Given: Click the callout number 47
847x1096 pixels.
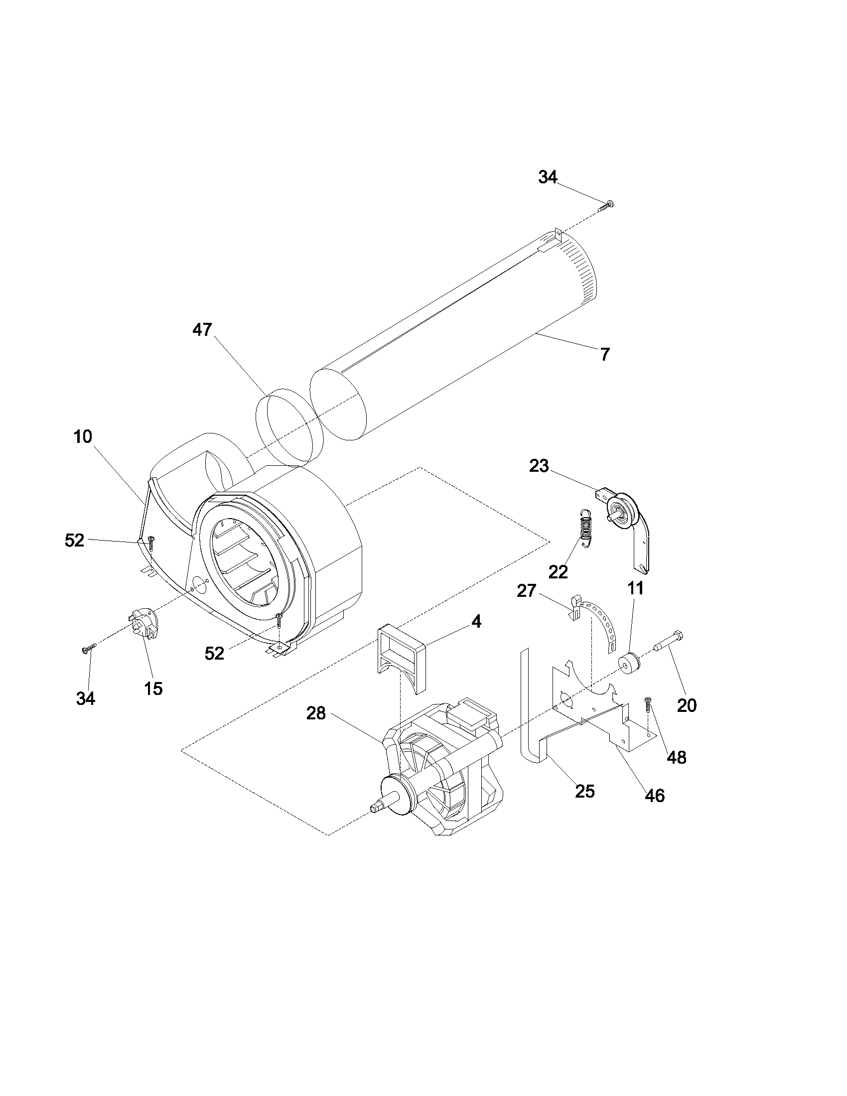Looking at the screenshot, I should click(202, 330).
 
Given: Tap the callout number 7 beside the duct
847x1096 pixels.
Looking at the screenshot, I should click(605, 355).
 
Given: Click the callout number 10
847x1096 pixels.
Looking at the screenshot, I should click(83, 436).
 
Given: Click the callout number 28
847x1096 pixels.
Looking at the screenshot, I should click(316, 713).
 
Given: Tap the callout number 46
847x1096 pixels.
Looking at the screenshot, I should click(654, 795).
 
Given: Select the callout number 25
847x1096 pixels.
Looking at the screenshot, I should click(584, 792).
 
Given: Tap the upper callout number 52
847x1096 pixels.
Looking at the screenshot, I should click(74, 541).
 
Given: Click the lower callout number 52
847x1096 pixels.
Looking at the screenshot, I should click(214, 653).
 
